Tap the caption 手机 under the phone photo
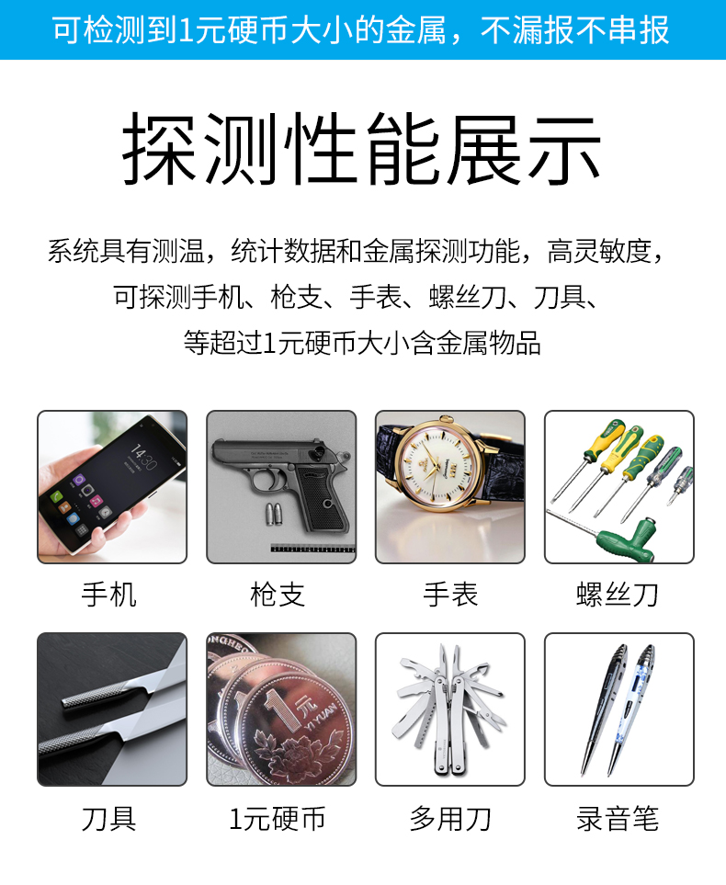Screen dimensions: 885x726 coord(109,594)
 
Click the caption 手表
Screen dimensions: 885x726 coord(450,594)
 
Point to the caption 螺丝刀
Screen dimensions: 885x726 coord(618,594)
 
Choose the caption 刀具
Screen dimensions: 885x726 coord(109,818)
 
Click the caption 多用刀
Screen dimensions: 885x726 coord(450,818)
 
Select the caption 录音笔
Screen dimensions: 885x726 coord(618,818)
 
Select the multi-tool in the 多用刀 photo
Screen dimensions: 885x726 coord(449,703)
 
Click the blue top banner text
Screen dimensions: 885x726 coord(362,29)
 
